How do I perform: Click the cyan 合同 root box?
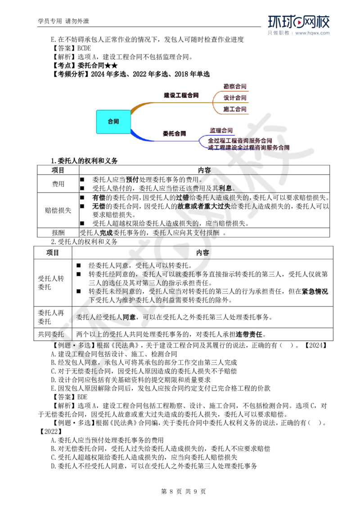click(x=113, y=121)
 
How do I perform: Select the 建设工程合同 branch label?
click(x=180, y=96)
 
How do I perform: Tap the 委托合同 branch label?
click(x=174, y=134)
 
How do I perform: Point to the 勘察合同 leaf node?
click(x=235, y=86)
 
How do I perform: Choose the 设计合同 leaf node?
click(x=235, y=98)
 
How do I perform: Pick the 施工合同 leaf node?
click(x=235, y=109)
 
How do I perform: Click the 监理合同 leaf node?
click(x=221, y=130)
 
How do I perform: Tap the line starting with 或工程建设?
click(x=249, y=147)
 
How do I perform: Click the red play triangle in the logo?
click(x=297, y=22)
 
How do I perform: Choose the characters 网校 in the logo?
click(x=317, y=22)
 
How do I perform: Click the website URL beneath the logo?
click(x=313, y=33)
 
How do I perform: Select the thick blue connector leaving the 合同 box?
click(x=137, y=136)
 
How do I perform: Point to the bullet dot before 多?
click(x=73, y=345)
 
